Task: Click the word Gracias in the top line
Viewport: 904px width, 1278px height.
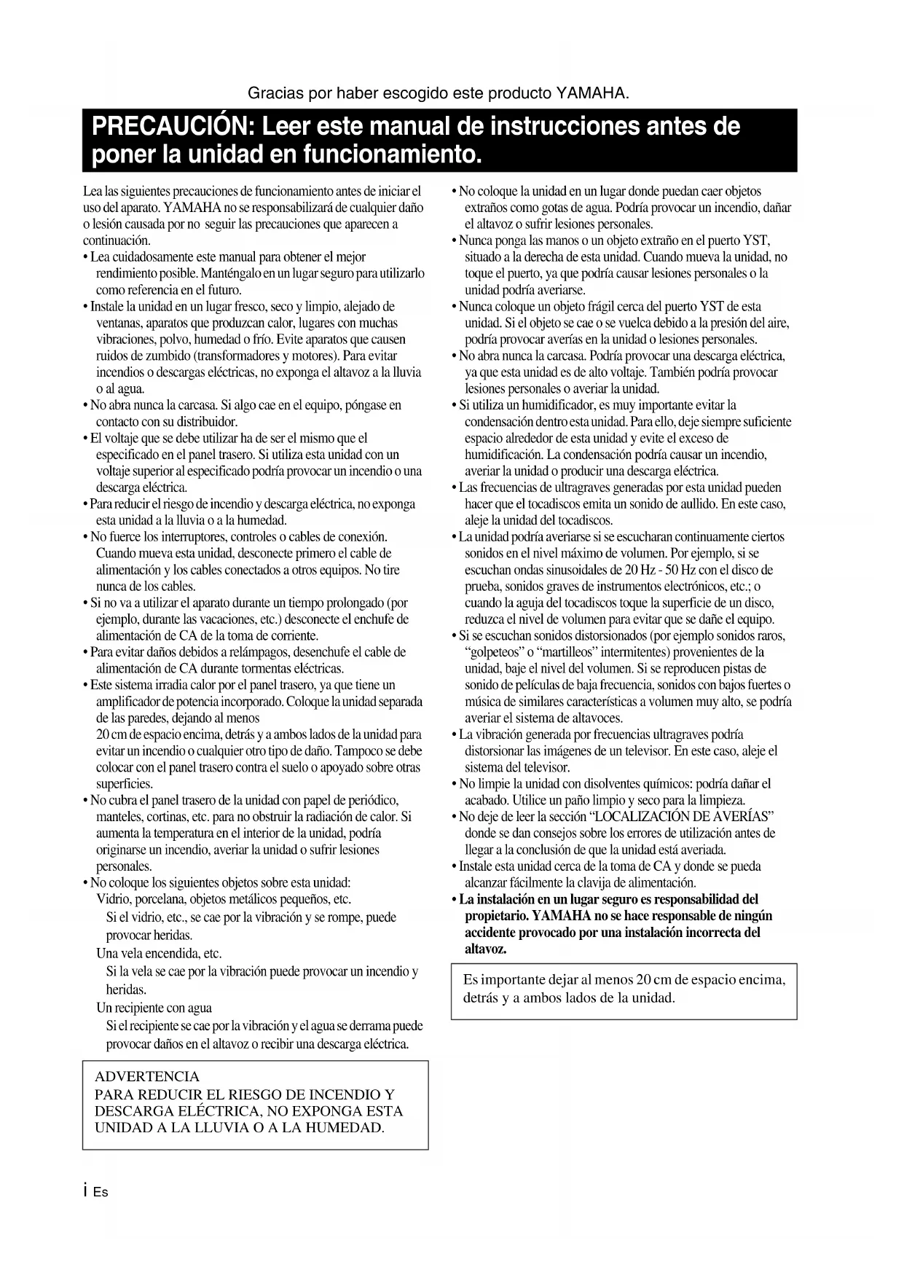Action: pyautogui.click(x=274, y=94)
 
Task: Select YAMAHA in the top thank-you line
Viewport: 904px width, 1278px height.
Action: pyautogui.click(x=591, y=94)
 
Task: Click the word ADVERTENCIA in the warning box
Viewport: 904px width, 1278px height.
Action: pyautogui.click(x=147, y=1076)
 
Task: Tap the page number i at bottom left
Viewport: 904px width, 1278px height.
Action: pyautogui.click(x=86, y=1192)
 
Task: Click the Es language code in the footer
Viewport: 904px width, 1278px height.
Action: pyautogui.click(x=101, y=1193)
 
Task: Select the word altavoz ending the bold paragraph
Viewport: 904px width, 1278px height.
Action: pyautogui.click(x=485, y=949)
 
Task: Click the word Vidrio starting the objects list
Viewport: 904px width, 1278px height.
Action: pyautogui.click(x=113, y=899)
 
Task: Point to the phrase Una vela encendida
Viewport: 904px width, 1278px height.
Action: pyautogui.click(x=159, y=953)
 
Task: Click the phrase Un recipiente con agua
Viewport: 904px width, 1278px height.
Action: pyautogui.click(x=154, y=1008)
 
